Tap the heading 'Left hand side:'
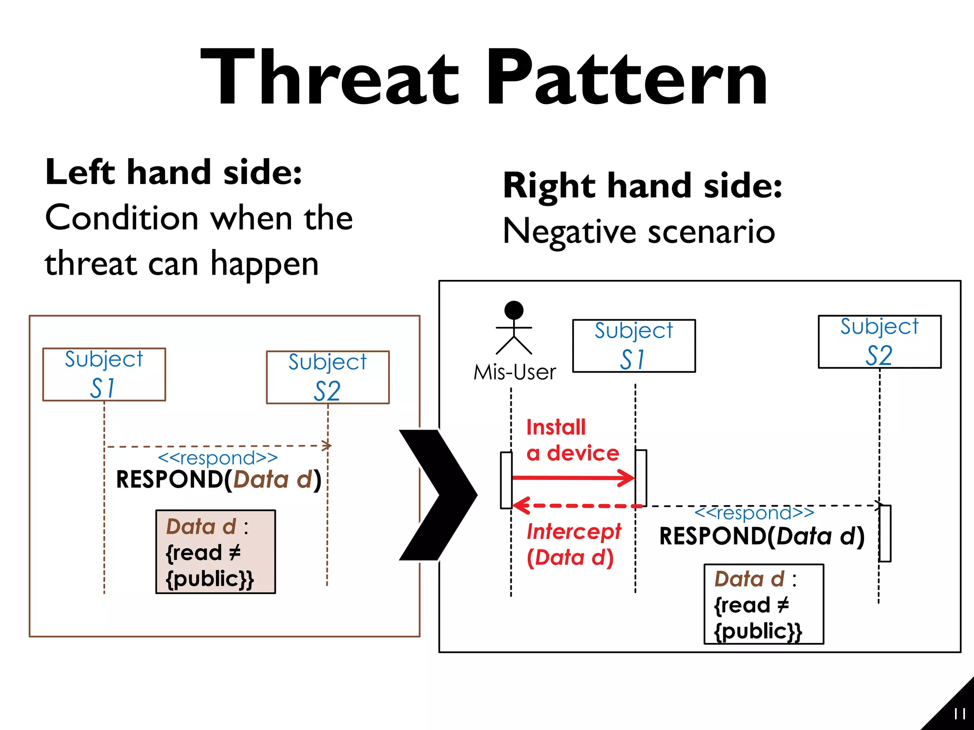[x=174, y=172]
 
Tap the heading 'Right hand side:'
[x=643, y=185]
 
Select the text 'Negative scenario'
[x=639, y=231]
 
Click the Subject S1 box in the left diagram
[x=104, y=375]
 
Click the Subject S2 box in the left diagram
[x=328, y=377]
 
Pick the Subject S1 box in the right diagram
[x=634, y=346]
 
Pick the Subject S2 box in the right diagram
[x=879, y=342]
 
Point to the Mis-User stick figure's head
[x=514, y=310]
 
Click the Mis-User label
[x=515, y=372]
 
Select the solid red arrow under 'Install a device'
[x=573, y=478]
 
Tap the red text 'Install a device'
[x=572, y=440]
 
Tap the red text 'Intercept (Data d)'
[x=573, y=545]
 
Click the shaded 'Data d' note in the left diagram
[x=215, y=552]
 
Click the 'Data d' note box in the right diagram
[x=763, y=604]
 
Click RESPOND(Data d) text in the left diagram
[x=219, y=479]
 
